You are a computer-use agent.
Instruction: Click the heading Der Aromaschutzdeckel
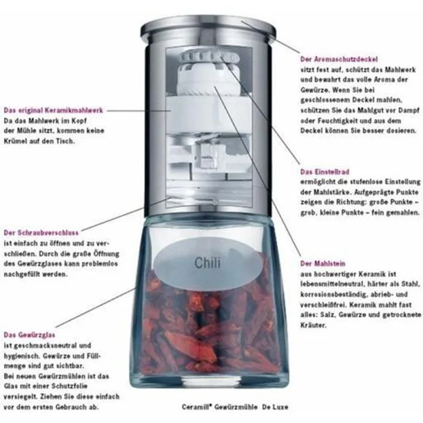click(x=339, y=59)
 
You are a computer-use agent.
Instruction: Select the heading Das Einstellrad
click(x=325, y=172)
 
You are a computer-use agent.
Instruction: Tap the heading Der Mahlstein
click(x=323, y=263)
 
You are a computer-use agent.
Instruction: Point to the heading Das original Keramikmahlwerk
click(x=54, y=110)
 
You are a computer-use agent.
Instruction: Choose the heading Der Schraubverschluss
click(x=41, y=233)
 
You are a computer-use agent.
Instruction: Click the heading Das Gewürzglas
click(x=29, y=335)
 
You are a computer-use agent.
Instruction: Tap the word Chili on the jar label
click(x=208, y=263)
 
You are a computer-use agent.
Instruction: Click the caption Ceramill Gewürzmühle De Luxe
click(x=235, y=407)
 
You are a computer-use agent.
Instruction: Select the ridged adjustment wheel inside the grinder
click(x=209, y=58)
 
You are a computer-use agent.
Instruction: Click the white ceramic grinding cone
click(x=208, y=79)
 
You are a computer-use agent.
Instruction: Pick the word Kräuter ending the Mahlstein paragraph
click(x=313, y=325)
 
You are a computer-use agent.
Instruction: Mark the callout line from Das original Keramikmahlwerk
click(x=138, y=110)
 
